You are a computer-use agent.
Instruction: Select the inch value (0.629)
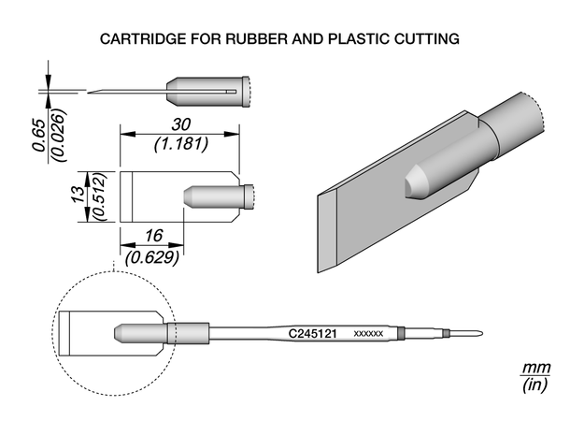tap(152, 257)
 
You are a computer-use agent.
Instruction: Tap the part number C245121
tap(312, 332)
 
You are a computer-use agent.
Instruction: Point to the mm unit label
tap(534, 369)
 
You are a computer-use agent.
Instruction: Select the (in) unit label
tap(534, 385)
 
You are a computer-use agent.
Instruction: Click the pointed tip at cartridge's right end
tap(478, 334)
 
